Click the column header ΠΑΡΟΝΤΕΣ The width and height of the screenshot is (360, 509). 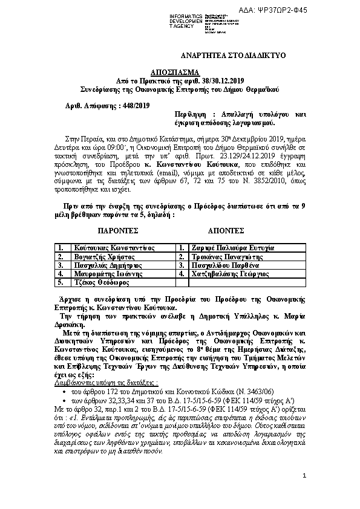[119, 231]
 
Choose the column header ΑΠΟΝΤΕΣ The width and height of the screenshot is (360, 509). [226, 231]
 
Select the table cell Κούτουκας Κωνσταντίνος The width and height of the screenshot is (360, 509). [114, 248]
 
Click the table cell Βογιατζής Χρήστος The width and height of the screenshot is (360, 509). [100, 256]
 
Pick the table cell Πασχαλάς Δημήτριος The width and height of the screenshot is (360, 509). [103, 265]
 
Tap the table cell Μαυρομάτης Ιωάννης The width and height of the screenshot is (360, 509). [105, 273]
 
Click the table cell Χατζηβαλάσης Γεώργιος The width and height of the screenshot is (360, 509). [229, 273]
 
